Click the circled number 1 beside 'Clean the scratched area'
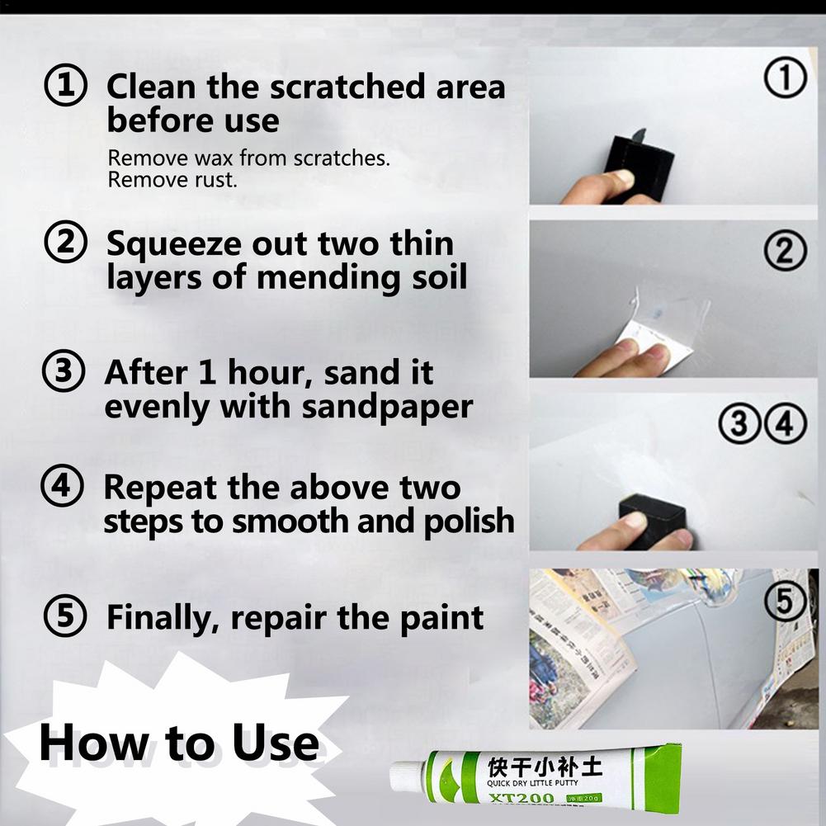pyautogui.click(x=65, y=87)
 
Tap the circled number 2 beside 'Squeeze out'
pyautogui.click(x=65, y=243)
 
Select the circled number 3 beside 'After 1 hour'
pyautogui.click(x=64, y=373)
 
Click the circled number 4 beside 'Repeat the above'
pyautogui.click(x=62, y=487)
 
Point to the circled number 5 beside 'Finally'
pyautogui.click(x=65, y=616)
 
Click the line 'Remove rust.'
pyautogui.click(x=172, y=179)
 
